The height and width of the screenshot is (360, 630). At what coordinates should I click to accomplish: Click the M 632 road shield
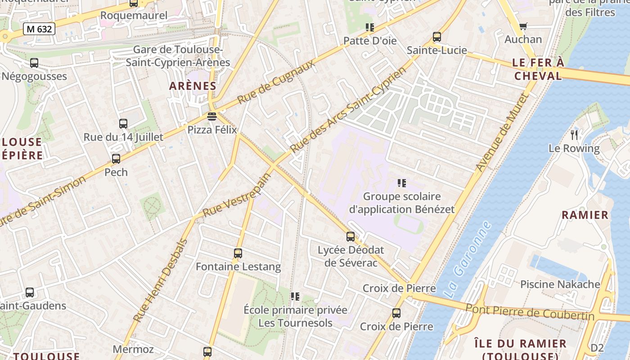(x=39, y=29)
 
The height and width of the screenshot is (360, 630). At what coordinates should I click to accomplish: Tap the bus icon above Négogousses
(x=34, y=63)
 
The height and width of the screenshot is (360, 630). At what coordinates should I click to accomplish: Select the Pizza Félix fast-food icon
(x=212, y=117)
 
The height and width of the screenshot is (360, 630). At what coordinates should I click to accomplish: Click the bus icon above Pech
(x=116, y=158)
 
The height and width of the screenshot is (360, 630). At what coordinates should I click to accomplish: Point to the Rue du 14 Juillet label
(x=123, y=137)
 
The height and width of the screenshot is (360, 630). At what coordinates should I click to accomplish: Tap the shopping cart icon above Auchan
(x=523, y=27)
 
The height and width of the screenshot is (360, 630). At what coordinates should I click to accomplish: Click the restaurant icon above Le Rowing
(x=574, y=135)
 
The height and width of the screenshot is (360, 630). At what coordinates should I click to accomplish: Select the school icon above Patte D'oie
(x=370, y=27)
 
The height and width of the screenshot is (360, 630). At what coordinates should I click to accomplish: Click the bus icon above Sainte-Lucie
(x=436, y=37)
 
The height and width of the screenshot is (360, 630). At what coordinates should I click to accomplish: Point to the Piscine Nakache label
(x=560, y=284)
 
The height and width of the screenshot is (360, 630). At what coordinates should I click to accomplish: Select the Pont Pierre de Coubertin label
(x=530, y=312)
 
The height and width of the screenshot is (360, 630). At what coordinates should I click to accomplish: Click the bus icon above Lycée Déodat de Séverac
(x=351, y=236)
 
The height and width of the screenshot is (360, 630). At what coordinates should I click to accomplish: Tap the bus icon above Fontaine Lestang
(x=238, y=253)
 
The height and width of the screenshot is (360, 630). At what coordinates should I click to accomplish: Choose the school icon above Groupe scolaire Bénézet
(x=402, y=183)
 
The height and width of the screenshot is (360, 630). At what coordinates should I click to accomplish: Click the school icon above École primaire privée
(x=295, y=296)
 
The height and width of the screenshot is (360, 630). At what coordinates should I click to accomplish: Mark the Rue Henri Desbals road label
(x=161, y=280)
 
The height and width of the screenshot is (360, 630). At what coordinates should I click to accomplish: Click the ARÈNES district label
(x=193, y=86)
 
